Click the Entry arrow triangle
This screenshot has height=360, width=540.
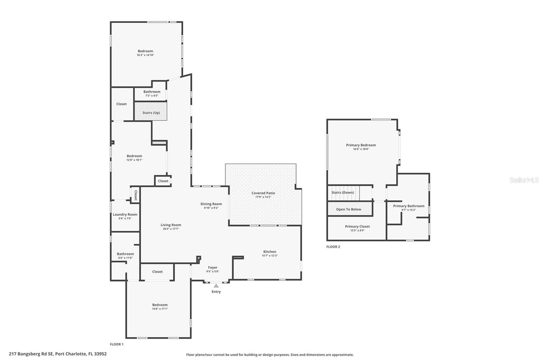click(216, 286)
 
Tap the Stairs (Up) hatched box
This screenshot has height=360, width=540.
click(151, 111)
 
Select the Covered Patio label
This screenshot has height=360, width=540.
click(263, 193)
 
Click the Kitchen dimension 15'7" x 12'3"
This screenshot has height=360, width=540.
click(270, 256)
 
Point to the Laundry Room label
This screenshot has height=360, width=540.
click(125, 214)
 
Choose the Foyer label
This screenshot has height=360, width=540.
click(213, 267)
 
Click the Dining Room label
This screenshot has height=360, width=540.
click(211, 204)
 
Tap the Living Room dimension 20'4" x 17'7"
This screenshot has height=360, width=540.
click(171, 229)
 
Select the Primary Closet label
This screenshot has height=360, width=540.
click(357, 227)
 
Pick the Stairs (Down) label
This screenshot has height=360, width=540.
click(343, 192)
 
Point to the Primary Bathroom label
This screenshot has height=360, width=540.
click(408, 206)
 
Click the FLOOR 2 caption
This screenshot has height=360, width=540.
click(333, 247)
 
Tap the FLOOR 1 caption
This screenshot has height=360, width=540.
click(117, 344)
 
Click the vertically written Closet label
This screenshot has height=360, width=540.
click(136, 195)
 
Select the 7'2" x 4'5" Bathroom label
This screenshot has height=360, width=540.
click(152, 92)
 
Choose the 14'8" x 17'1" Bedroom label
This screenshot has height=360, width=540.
click(160, 305)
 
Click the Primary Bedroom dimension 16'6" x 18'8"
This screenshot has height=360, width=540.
click(361, 149)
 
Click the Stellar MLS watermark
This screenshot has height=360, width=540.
click(524, 180)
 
